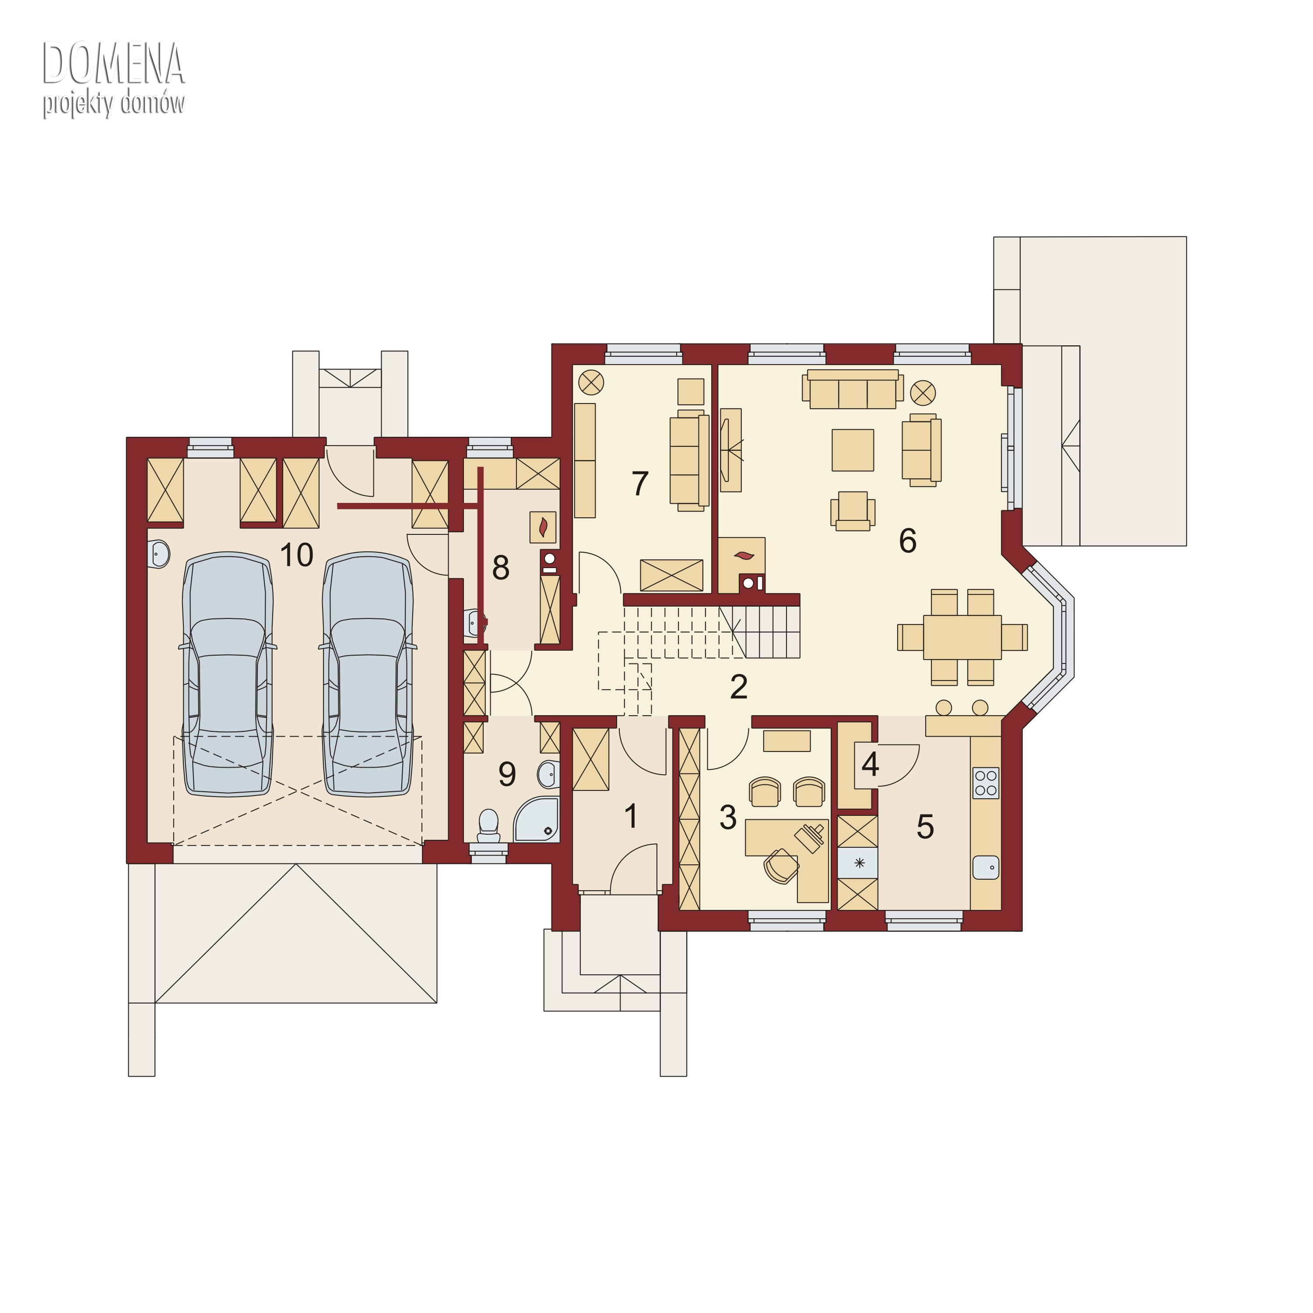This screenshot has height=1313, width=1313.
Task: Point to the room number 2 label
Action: click(739, 687)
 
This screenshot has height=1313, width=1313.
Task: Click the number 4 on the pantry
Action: click(870, 764)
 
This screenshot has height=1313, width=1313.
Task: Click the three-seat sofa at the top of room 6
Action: click(853, 390)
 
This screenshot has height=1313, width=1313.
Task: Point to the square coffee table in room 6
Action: click(853, 450)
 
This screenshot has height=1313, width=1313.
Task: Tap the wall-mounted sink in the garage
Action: click(158, 554)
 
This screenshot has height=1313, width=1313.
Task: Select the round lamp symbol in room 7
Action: click(591, 383)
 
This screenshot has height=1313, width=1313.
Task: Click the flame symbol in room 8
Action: click(543, 527)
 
